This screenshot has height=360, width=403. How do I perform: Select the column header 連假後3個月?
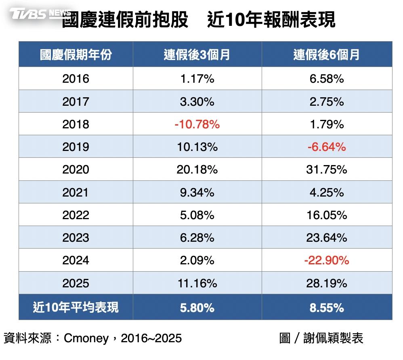197,55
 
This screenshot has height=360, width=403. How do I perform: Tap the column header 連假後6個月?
326,55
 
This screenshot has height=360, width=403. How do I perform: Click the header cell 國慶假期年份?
76,55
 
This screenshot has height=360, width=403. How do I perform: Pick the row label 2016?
76,79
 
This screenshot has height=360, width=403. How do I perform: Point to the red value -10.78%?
197,124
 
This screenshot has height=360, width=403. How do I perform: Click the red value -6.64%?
327,147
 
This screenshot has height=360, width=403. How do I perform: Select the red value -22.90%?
327,261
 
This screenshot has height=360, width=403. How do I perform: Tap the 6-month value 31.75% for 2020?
327,170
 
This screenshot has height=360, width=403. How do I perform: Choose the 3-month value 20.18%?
197,170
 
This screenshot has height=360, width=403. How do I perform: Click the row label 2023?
76,238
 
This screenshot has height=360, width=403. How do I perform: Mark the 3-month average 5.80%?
197,308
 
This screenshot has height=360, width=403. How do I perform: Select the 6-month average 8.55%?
327,308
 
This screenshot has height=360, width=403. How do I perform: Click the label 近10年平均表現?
76,307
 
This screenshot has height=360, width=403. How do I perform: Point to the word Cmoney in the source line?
86,339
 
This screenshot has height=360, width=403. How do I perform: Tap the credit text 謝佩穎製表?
333,338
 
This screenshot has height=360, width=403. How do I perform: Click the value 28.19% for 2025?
327,283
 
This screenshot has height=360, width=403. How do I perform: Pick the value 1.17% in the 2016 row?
197,79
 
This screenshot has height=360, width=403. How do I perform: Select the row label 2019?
76,147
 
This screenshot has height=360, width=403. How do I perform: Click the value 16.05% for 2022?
327,215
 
